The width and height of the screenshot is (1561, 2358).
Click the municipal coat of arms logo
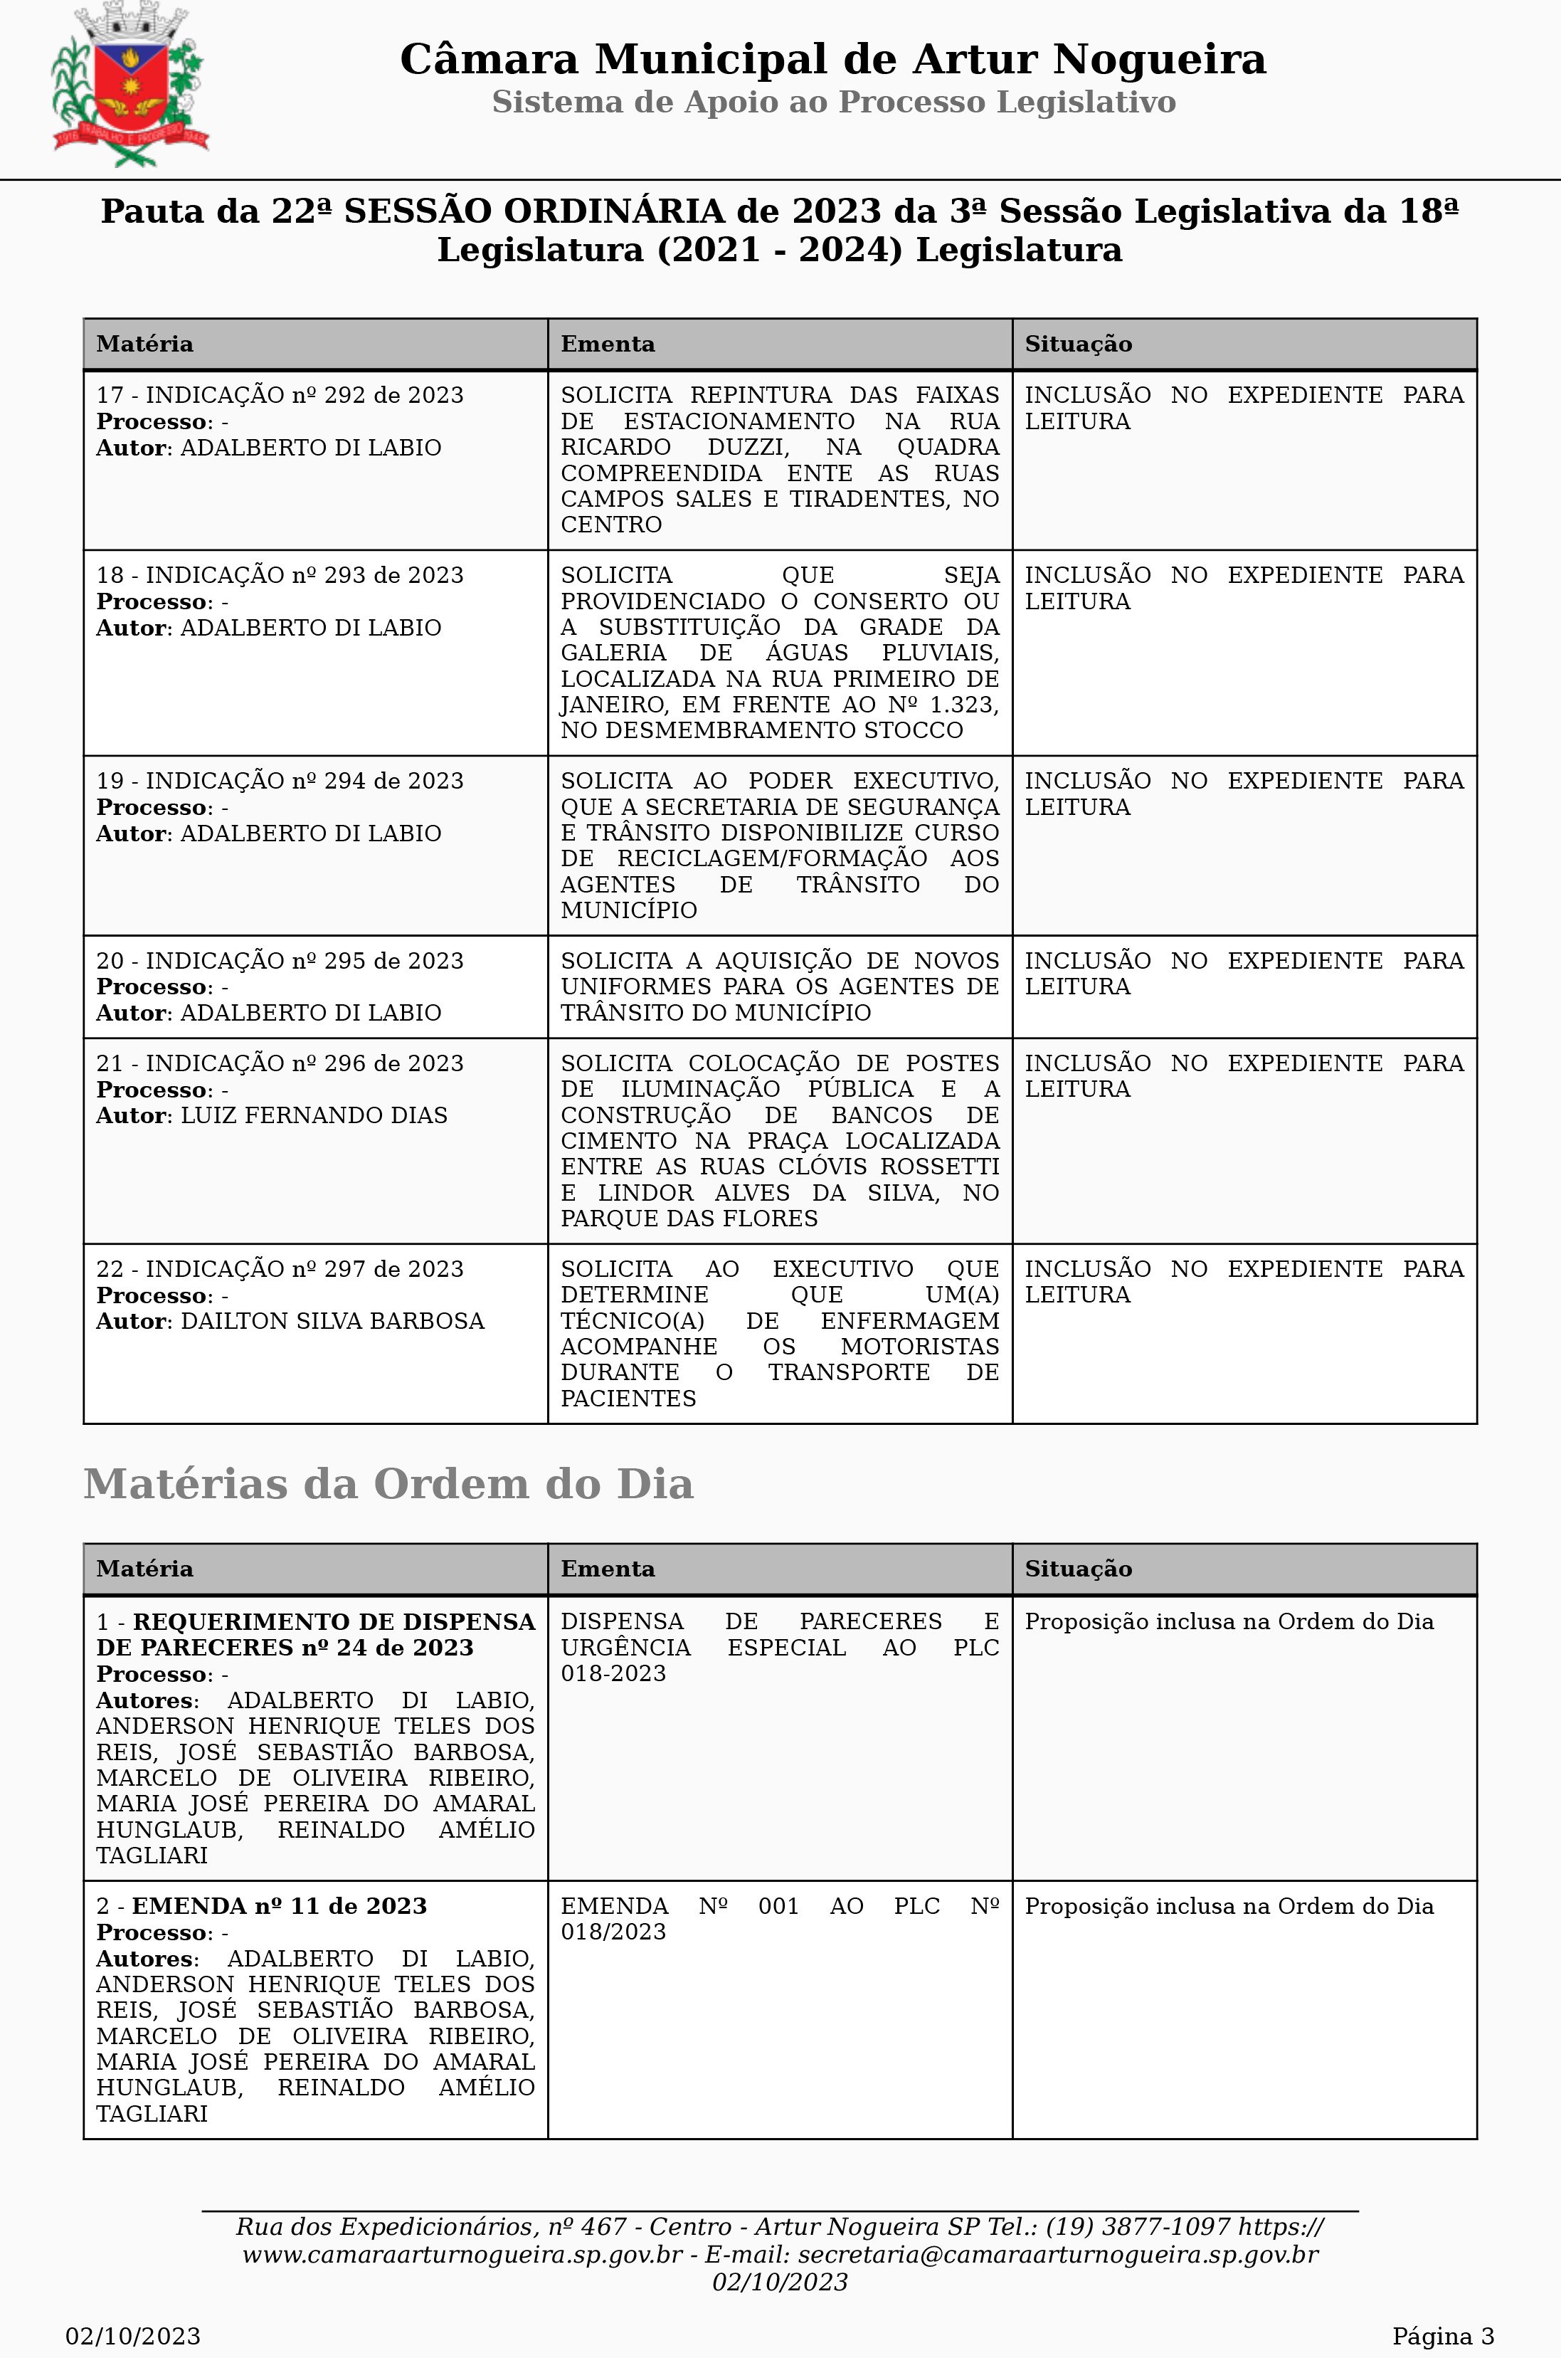[x=129, y=85]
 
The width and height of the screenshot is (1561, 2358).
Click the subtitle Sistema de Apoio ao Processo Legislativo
[x=833, y=102]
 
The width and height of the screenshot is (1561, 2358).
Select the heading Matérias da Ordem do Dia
[x=388, y=1484]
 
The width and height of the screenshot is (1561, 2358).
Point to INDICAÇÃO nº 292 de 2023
[x=304, y=395]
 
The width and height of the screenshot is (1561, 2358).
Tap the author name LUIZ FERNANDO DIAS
[x=314, y=1115]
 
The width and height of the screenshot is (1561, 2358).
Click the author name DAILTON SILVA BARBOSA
[x=332, y=1322]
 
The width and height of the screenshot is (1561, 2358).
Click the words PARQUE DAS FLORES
[x=689, y=1219]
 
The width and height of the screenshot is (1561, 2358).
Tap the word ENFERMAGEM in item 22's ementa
[x=909, y=1322]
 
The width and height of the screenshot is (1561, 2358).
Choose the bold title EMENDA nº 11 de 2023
[x=279, y=1906]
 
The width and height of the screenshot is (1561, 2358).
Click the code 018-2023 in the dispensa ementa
[x=613, y=1674]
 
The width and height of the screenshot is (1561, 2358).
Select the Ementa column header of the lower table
[x=608, y=1569]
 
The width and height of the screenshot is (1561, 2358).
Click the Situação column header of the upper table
[x=1078, y=344]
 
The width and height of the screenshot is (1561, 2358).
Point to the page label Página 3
[x=1442, y=2336]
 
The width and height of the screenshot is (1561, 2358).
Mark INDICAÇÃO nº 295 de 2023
[x=304, y=961]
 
